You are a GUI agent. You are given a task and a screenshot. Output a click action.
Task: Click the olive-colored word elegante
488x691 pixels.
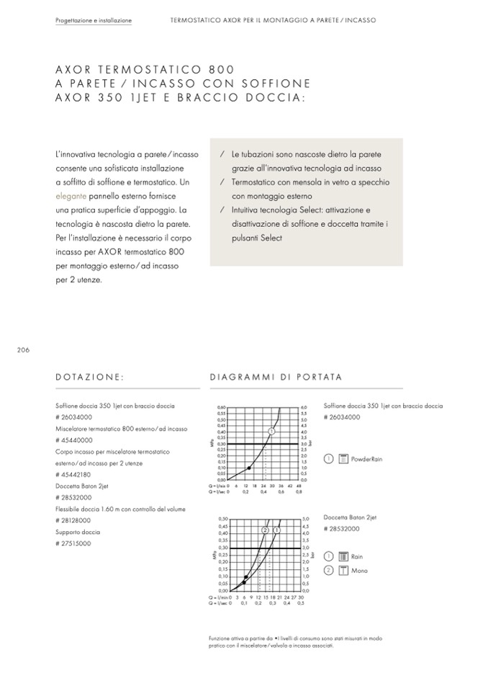tap(71, 195)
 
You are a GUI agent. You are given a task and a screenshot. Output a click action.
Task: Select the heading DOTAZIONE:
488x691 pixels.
tap(90, 377)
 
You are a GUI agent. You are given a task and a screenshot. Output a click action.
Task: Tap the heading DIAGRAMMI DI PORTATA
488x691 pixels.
tap(276, 377)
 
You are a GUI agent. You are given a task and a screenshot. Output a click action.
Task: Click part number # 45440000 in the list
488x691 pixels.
tap(73, 440)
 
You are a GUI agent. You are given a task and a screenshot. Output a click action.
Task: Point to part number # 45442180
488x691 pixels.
tap(73, 474)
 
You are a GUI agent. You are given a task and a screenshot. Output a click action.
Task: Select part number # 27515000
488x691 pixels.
tap(73, 543)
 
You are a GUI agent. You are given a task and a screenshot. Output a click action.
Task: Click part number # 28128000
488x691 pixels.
tap(73, 520)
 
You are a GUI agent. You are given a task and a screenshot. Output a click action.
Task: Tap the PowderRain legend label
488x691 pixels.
tap(367, 458)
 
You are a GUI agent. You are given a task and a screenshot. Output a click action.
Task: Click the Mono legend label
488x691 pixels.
tap(359, 571)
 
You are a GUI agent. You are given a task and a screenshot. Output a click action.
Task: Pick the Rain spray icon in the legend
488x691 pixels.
tap(343, 556)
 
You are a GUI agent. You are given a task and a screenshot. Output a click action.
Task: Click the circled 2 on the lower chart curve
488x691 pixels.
tap(265, 530)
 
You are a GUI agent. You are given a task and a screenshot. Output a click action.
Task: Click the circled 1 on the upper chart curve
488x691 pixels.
tap(271, 431)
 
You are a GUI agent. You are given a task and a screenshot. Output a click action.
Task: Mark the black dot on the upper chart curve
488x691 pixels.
tap(249, 468)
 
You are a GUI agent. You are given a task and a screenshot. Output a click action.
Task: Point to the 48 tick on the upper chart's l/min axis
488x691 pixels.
tap(298, 486)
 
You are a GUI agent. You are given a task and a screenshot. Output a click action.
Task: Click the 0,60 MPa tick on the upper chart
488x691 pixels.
tap(221, 407)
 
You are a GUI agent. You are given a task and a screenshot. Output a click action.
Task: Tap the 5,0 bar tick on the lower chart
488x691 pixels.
tap(305, 518)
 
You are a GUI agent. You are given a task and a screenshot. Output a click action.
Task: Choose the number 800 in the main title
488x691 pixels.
tap(221, 69)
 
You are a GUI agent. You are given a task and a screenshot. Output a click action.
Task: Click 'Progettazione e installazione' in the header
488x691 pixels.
tap(94, 21)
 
